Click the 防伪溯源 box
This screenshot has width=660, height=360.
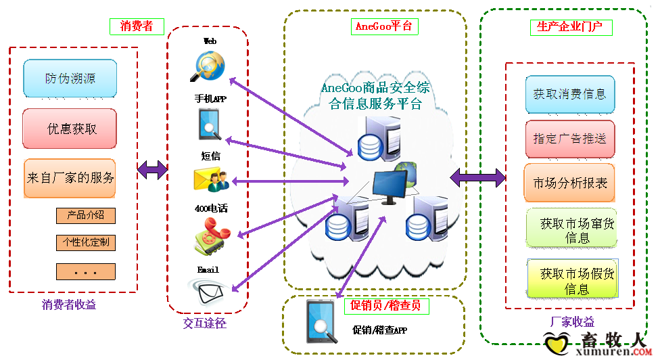(x=70, y=78)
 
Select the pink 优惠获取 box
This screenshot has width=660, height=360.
(x=70, y=128)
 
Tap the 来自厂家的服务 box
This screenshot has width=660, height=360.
(x=70, y=178)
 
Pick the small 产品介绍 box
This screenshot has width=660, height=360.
(x=85, y=216)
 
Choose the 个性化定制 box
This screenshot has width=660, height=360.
(x=85, y=242)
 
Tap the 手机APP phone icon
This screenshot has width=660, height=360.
(x=210, y=124)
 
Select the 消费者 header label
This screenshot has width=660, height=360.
(x=137, y=26)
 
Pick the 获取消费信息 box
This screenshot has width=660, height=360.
(x=569, y=95)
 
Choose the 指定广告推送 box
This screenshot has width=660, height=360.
(x=569, y=139)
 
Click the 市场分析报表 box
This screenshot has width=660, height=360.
(x=569, y=183)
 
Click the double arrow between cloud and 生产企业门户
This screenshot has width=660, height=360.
(x=478, y=177)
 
